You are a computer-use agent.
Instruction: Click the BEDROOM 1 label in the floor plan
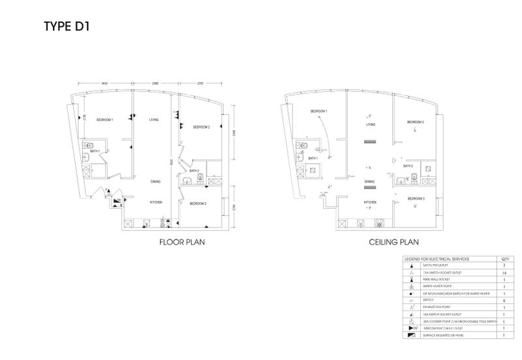105,120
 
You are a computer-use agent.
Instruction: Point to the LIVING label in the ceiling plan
370,123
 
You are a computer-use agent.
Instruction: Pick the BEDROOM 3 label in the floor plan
198,204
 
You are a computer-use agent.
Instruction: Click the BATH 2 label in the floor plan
194,170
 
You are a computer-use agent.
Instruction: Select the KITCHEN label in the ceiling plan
370,202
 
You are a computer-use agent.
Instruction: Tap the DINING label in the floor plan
156,181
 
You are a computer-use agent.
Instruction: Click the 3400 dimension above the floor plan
104,83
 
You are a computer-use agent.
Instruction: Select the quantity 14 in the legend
503,273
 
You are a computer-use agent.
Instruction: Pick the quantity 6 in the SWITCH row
503,301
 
